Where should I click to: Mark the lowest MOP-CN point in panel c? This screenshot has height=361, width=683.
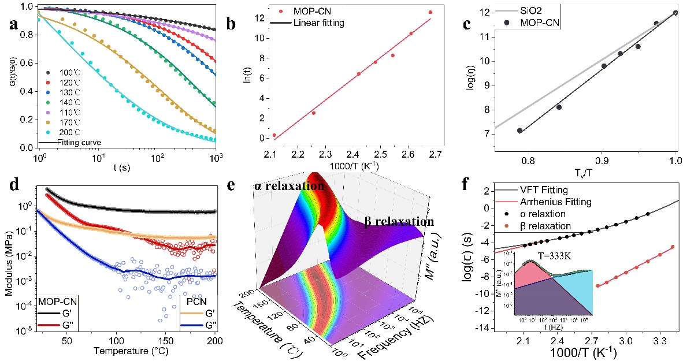(519, 131)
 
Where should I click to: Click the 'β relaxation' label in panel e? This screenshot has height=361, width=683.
(399, 221)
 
